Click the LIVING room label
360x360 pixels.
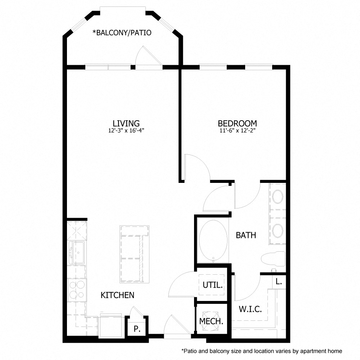(126, 123)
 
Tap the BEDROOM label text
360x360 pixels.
(237, 123)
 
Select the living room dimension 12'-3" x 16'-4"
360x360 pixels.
(126, 131)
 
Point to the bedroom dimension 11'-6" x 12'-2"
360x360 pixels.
(237, 131)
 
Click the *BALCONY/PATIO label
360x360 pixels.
(122, 33)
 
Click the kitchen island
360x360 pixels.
(134, 254)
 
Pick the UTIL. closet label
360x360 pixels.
(213, 285)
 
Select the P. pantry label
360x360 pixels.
(136, 329)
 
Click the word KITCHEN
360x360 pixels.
(117, 295)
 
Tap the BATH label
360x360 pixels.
(246, 235)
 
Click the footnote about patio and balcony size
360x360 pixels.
(261, 351)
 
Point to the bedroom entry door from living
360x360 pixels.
(196, 166)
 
